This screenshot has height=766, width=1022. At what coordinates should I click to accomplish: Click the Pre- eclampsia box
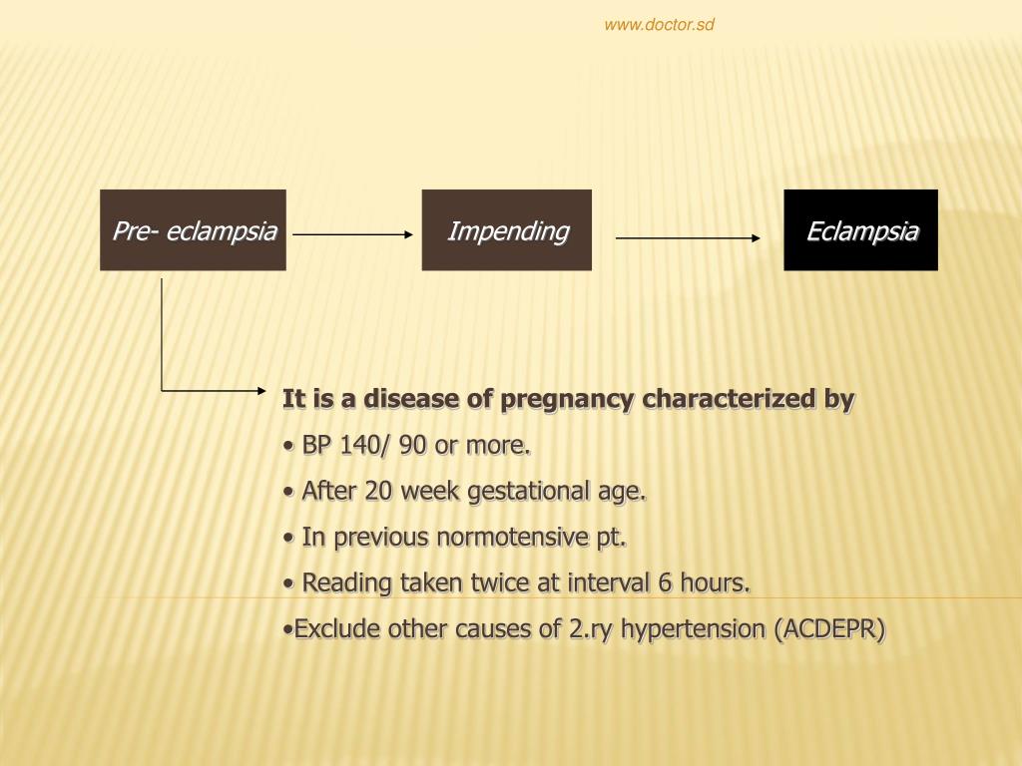tap(193, 230)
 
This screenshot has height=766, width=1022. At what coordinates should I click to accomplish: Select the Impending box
tap(507, 230)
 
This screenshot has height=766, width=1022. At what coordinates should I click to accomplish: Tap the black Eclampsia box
tap(860, 230)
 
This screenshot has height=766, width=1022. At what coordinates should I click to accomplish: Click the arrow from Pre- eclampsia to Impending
tap(352, 235)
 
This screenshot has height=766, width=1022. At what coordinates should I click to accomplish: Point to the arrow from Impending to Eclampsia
tap(688, 238)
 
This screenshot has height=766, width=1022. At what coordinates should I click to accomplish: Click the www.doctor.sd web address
tap(659, 25)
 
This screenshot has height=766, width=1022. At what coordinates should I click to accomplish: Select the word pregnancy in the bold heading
tap(567, 399)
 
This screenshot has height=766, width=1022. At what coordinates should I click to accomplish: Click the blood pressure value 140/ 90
tap(383, 445)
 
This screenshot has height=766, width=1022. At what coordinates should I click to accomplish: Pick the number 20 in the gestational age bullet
tap(378, 491)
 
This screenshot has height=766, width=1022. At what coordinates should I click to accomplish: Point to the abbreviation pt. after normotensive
tap(612, 537)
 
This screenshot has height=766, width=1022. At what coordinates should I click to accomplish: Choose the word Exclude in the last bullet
tap(337, 628)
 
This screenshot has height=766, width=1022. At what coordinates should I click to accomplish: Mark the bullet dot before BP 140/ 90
tap(288, 446)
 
